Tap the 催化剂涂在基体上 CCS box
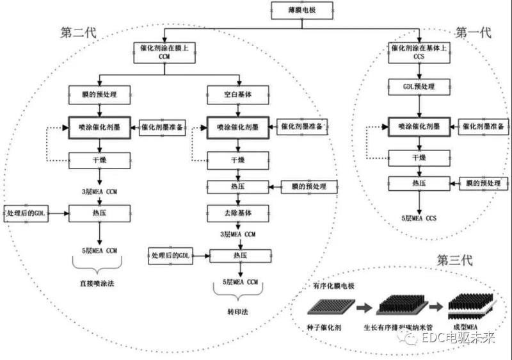(419, 51)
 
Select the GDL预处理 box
(419, 85)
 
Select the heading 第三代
(454, 260)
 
